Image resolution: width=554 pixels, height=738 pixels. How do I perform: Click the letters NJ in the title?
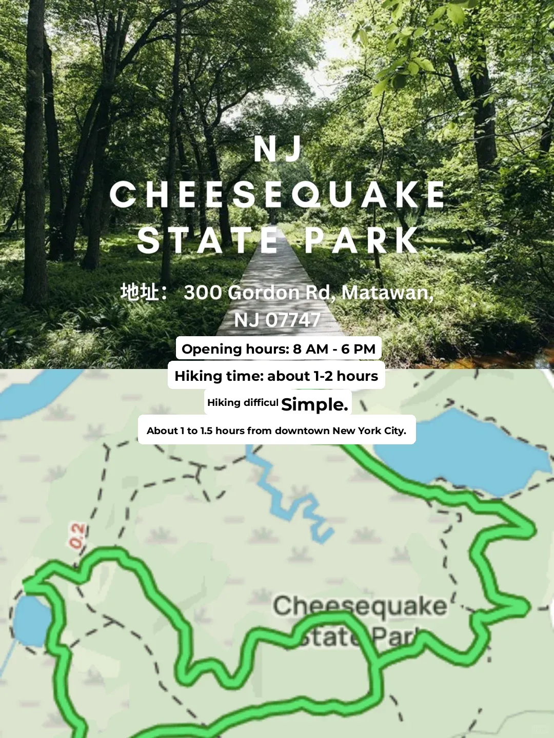pos(278,149)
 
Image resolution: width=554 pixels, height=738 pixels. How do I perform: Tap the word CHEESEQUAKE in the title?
pos(278,195)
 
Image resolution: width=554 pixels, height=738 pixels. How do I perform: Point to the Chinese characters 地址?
pos(139,292)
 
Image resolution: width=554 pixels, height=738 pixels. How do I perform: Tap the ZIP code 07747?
pos(292,320)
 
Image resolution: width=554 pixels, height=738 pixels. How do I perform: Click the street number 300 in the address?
pos(203,293)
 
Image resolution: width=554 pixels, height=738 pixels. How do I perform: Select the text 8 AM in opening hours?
pos(310,349)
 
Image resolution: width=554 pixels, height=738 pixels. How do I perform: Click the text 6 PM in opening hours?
pos(359,349)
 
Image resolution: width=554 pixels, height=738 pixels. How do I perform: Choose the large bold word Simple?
pos(314,404)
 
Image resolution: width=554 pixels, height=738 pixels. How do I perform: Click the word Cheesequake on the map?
pos(359,606)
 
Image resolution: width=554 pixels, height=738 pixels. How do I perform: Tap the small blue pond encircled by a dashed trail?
pos(31,620)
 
